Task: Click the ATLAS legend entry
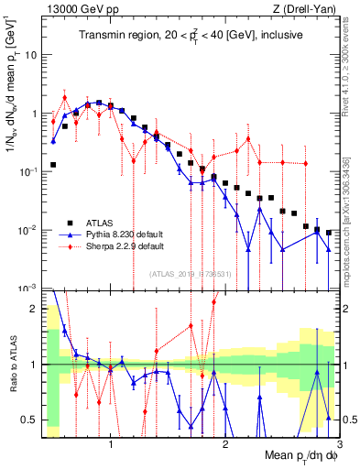(95, 223)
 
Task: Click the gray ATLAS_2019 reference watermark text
(188, 274)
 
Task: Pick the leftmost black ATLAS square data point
(53, 165)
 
